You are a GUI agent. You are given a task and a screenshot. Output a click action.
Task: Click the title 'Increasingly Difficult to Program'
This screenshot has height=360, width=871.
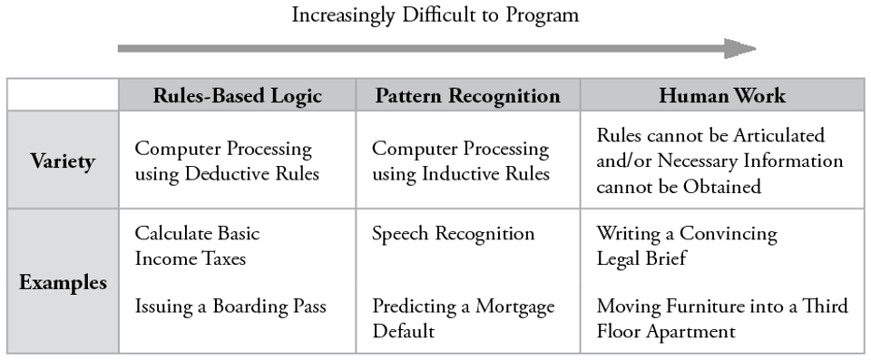click(x=435, y=15)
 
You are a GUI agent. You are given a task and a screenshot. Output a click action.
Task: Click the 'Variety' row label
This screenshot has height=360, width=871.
click(x=63, y=161)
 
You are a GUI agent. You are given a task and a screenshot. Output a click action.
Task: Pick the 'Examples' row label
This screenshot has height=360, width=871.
click(x=63, y=282)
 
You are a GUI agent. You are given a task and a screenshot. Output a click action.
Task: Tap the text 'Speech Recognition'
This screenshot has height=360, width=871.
click(x=453, y=234)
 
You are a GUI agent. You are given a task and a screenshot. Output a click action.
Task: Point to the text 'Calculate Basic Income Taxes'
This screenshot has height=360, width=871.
click(x=197, y=246)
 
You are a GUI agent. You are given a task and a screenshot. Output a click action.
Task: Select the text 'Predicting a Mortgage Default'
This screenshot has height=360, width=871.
click(x=463, y=318)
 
